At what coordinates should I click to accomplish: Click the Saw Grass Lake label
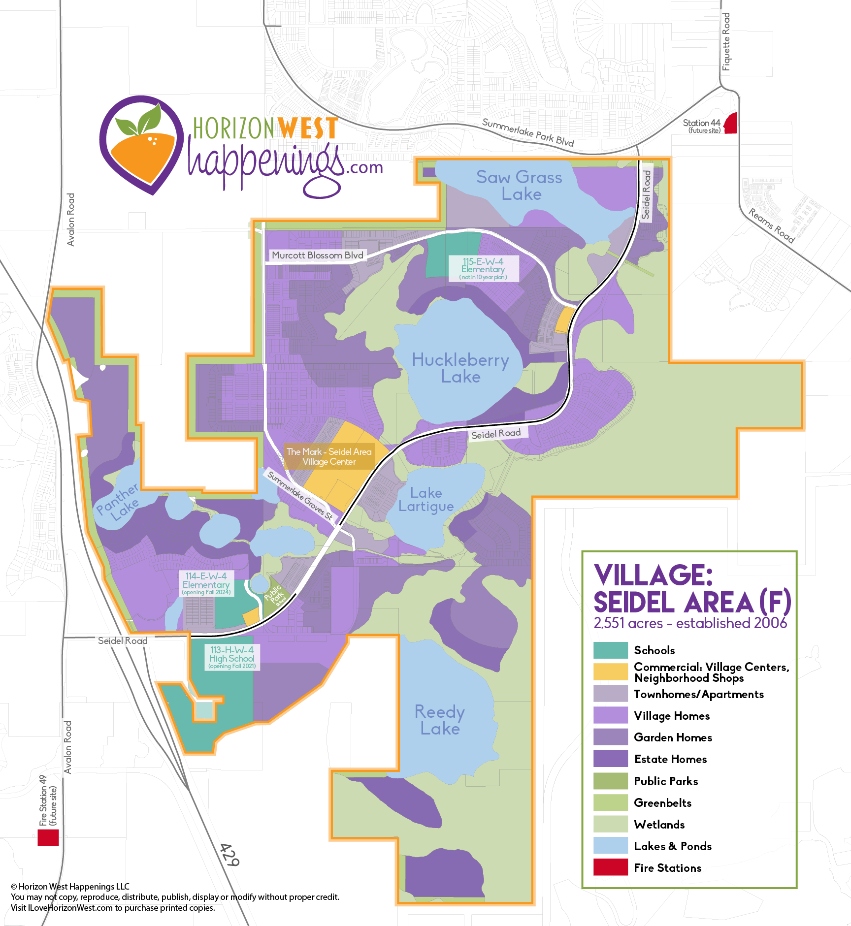520,185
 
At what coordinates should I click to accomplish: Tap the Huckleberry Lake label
460,368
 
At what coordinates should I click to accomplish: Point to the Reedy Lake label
439,720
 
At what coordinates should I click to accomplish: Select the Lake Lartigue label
426,499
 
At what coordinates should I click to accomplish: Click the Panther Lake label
119,502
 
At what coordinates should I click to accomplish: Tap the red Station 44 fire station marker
731,123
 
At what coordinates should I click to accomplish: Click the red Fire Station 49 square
48,837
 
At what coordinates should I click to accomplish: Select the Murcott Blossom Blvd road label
317,255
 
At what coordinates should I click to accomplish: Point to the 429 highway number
229,856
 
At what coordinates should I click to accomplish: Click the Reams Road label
772,225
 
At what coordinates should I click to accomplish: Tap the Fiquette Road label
726,42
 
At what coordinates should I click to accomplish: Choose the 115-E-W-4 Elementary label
483,268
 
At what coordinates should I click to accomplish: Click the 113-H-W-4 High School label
231,657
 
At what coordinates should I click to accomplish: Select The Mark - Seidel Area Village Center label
329,456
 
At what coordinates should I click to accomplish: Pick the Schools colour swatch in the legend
611,650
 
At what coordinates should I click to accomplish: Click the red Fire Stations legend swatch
611,867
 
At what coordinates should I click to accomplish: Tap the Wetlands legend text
659,824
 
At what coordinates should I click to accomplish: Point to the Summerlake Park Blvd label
528,132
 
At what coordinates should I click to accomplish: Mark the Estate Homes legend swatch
611,759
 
